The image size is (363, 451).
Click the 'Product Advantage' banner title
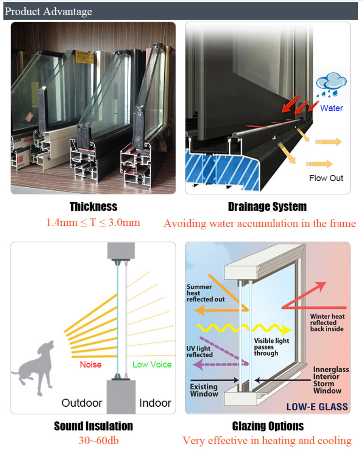point(48,11)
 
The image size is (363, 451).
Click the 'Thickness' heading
point(93,207)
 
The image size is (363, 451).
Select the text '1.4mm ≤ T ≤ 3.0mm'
point(93,222)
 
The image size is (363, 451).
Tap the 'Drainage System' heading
point(267,207)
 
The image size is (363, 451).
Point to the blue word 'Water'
point(331,108)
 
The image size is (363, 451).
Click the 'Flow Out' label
point(326,178)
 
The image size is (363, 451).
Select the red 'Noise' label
point(90,365)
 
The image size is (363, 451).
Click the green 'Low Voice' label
point(152,365)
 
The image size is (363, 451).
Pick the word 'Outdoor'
point(82,403)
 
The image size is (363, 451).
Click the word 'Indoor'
point(155,403)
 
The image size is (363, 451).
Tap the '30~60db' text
point(93,441)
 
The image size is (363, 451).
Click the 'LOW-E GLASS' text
point(317,407)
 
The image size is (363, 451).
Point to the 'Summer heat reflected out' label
point(206,293)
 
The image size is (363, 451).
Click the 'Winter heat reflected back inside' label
point(327,323)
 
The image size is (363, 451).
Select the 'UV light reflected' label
point(199,351)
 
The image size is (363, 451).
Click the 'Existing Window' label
point(204,390)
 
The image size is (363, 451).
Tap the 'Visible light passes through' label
point(271,347)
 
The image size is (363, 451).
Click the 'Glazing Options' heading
point(268,426)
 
